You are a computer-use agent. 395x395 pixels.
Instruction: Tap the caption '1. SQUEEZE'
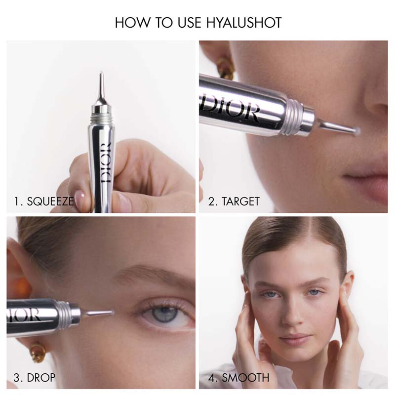pyautogui.click(x=43, y=201)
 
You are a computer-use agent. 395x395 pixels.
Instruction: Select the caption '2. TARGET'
pyautogui.click(x=234, y=201)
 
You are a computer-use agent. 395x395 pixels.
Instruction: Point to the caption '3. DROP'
pyautogui.click(x=34, y=379)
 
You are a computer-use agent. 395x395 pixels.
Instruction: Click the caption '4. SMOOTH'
pyautogui.click(x=238, y=379)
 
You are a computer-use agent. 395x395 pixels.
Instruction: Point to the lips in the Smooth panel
pyautogui.click(x=295, y=339)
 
